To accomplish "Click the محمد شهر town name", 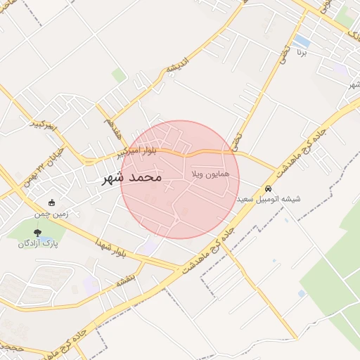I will click(x=131, y=178).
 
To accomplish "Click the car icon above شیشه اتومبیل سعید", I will click(x=269, y=188).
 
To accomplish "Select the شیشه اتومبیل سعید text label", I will click(x=270, y=199).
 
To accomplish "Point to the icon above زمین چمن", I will click(x=52, y=202).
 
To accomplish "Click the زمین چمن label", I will click(x=52, y=213).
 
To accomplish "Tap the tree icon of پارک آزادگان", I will click(x=37, y=233).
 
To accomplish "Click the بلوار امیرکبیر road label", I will click(x=143, y=150).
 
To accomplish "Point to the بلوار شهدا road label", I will click(x=112, y=247).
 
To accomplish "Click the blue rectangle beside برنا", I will click(x=303, y=40).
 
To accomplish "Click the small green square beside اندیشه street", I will click(x=119, y=75).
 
